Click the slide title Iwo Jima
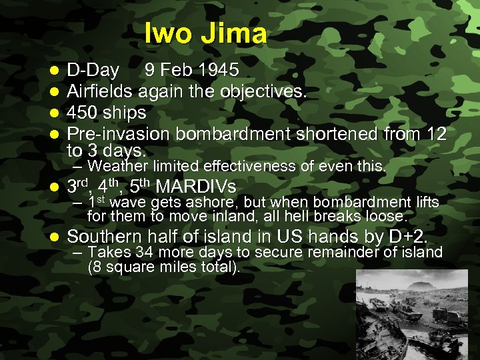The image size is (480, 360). pos(205,33)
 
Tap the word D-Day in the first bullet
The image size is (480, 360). pos(93,71)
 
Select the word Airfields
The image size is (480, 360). pos(101,91)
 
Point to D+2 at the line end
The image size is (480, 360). pos(407,237)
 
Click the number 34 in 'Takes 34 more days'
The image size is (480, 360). pos(145,252)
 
